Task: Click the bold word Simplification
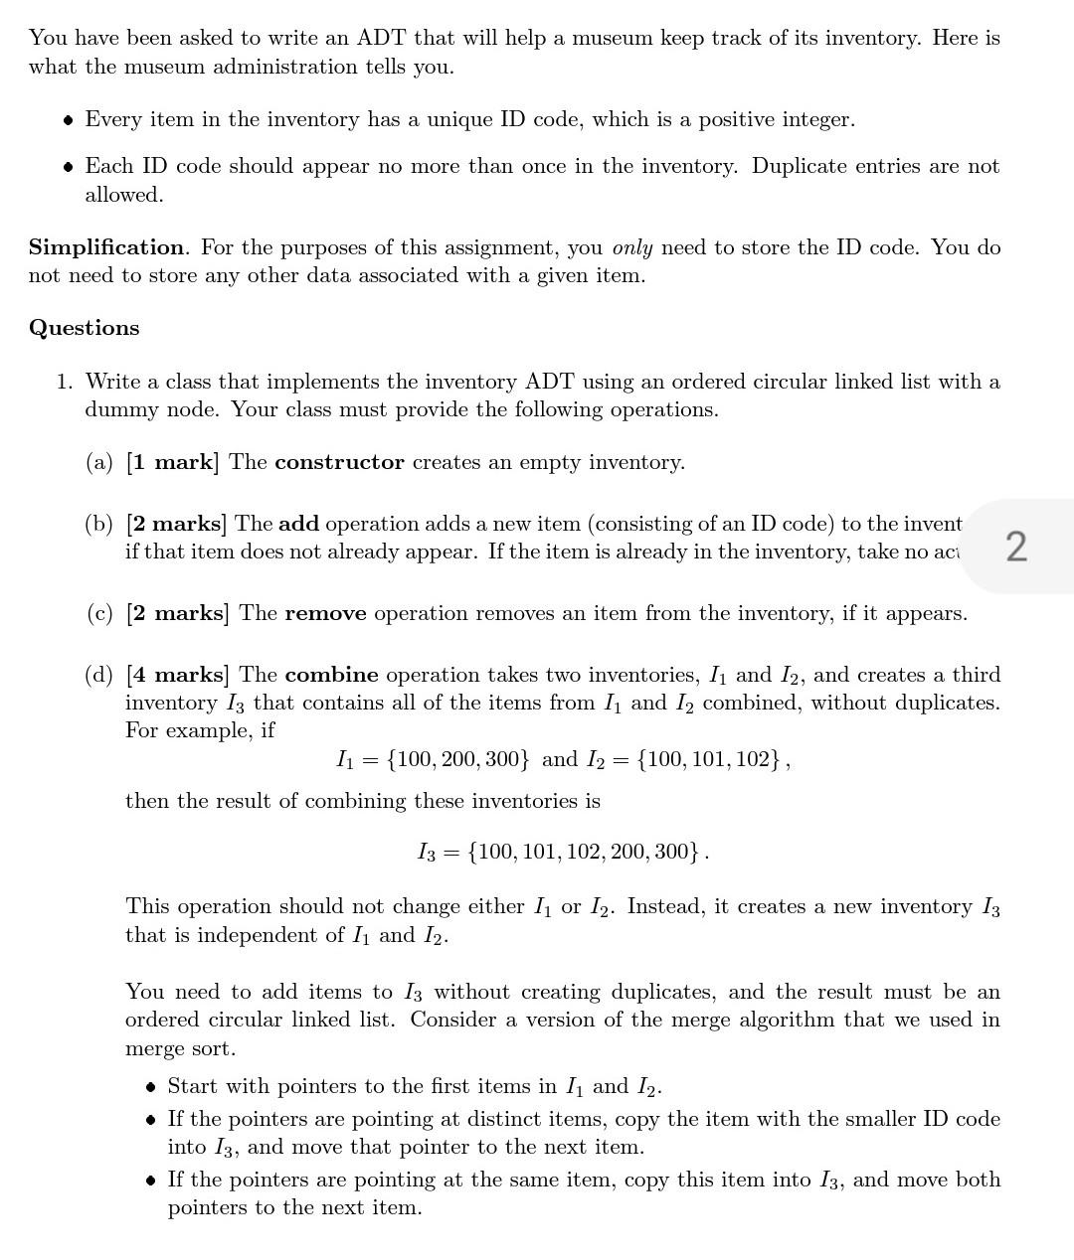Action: pyautogui.click(x=106, y=246)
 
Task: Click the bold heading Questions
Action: pyautogui.click(x=85, y=328)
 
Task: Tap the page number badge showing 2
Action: pyautogui.click(x=1016, y=547)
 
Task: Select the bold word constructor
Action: pyautogui.click(x=339, y=462)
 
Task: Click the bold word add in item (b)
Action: pyautogui.click(x=298, y=524)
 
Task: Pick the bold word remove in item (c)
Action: pyautogui.click(x=325, y=613)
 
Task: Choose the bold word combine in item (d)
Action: pyautogui.click(x=331, y=675)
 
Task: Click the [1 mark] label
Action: pyautogui.click(x=172, y=462)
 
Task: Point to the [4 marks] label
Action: pyautogui.click(x=177, y=675)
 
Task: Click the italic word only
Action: pyautogui.click(x=632, y=246)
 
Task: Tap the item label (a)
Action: pyautogui.click(x=99, y=462)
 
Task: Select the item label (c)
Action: pyautogui.click(x=99, y=613)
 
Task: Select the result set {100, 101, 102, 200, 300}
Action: pyautogui.click(x=584, y=852)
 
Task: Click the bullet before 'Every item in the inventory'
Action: pyautogui.click(x=68, y=120)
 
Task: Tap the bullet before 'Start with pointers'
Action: pyautogui.click(x=150, y=1086)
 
